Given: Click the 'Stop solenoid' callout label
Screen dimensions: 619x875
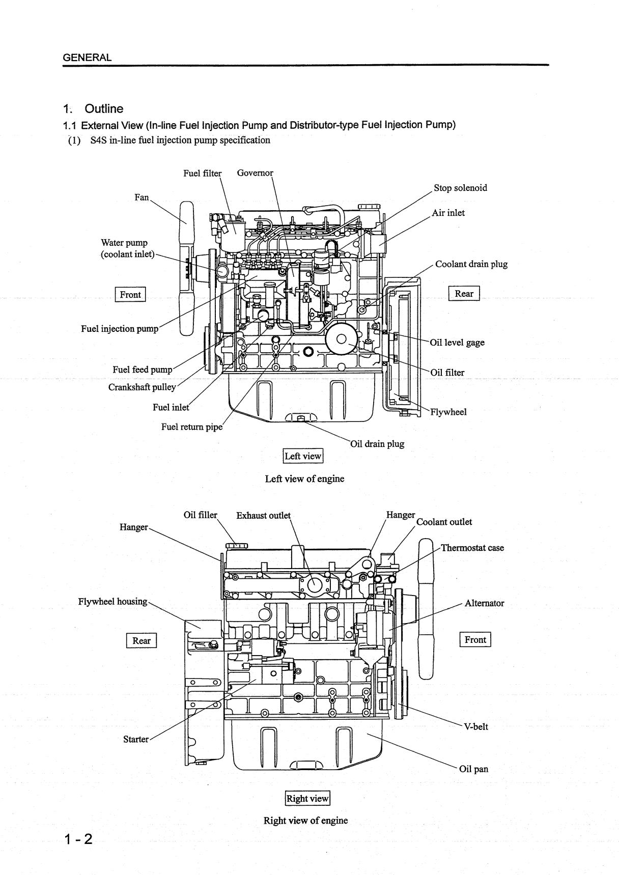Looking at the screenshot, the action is tap(460, 188).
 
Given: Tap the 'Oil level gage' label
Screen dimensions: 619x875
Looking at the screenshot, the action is tap(457, 343).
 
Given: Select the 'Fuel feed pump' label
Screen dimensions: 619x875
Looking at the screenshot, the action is tap(143, 370).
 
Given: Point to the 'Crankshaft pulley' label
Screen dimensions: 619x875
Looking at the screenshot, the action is tap(142, 387).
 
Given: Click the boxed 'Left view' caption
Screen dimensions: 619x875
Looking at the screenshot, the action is tap(303, 456).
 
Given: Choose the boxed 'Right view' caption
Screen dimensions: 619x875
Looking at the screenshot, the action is tap(307, 798).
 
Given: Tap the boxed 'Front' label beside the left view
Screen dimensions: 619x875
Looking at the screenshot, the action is tap(130, 294).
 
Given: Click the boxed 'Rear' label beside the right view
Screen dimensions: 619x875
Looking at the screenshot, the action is tap(142, 640).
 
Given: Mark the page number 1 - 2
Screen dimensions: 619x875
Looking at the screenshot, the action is tap(78, 839).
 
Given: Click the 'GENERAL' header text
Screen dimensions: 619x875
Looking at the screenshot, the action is tap(87, 58).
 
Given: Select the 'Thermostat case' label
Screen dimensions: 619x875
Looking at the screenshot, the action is tap(472, 548).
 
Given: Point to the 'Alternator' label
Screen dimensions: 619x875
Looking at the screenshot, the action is tap(484, 603).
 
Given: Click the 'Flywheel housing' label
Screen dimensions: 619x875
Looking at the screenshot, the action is tap(112, 602).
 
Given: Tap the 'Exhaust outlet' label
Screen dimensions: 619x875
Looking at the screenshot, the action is tap(263, 515).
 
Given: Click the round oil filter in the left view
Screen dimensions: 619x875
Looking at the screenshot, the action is tap(342, 338).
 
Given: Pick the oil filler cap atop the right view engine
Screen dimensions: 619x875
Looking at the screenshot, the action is tap(236, 546).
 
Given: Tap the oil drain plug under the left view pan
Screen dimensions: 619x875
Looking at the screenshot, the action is tap(300, 418).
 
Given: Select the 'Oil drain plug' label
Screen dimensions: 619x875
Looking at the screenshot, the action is tap(377, 444).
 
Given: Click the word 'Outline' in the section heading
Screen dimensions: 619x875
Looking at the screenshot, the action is tap(104, 108).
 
